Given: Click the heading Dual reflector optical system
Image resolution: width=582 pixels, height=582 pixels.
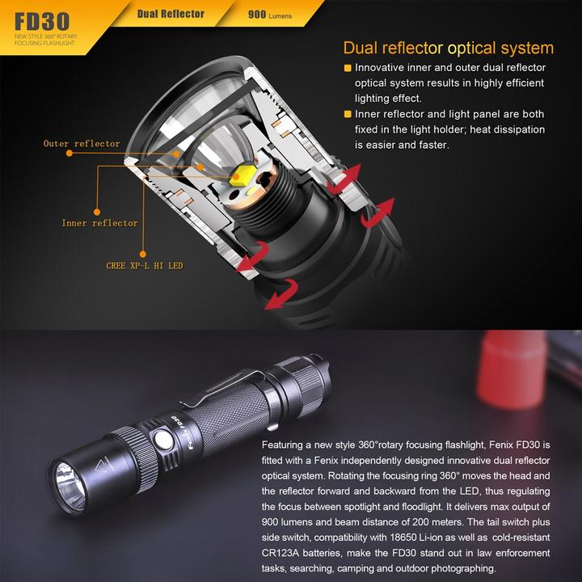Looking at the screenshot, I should [x=448, y=48].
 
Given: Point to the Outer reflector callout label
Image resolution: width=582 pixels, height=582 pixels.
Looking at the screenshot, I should [x=82, y=144].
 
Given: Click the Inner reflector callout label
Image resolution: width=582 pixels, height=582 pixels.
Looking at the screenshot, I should [x=100, y=223].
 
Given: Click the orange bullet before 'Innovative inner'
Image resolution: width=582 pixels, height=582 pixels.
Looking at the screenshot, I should [x=348, y=69].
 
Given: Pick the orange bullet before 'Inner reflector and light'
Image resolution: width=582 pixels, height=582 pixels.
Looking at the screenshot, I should [x=348, y=115].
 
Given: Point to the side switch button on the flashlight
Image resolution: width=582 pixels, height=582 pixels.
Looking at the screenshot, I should [x=162, y=441].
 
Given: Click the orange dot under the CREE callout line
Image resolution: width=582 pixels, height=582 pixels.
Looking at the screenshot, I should [x=143, y=251].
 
